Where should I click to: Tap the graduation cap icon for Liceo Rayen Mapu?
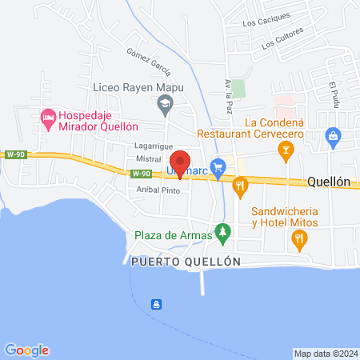click(165, 102)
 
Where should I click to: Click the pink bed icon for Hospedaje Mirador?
click(48, 118)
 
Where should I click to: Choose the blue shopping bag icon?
click(332, 138)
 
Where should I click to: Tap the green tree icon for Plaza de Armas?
click(225, 235)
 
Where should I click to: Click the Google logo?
click(26, 350)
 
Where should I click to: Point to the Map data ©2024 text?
click(324, 354)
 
